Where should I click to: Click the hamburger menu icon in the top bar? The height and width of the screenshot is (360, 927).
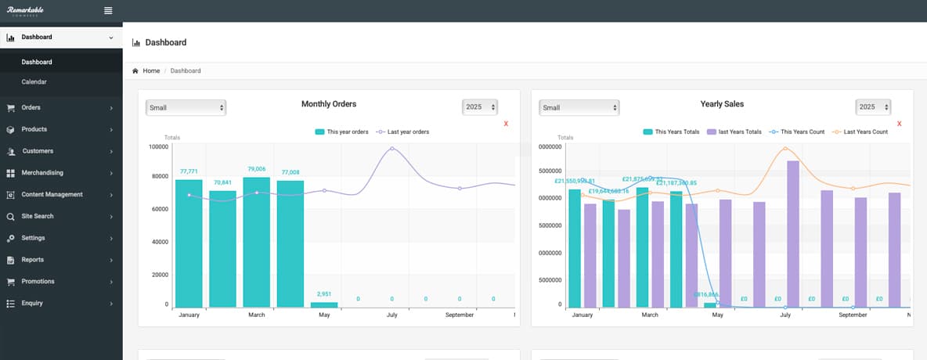[x=108, y=10]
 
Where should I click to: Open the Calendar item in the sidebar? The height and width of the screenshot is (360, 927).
[x=34, y=81]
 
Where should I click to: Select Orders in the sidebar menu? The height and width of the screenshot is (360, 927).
[x=31, y=107]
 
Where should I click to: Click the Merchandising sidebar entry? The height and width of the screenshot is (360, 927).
[x=42, y=172]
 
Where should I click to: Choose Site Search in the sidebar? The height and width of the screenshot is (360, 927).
[x=38, y=216]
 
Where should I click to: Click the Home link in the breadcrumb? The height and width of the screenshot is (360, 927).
[x=151, y=70]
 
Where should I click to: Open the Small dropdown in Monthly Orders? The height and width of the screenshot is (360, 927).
[x=186, y=107]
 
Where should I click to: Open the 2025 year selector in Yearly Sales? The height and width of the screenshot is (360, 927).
[x=873, y=107]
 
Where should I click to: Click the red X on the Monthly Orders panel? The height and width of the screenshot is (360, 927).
[x=506, y=124]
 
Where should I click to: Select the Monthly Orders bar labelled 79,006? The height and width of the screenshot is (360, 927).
[x=257, y=243]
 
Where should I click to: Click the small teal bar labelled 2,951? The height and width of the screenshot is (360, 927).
[x=324, y=304]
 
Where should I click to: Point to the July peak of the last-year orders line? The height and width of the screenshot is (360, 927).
[x=392, y=148]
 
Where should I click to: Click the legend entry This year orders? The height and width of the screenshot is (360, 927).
[x=341, y=131]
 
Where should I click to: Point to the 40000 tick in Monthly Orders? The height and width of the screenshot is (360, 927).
[x=158, y=242]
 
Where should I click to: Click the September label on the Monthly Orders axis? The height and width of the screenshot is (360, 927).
[x=460, y=315]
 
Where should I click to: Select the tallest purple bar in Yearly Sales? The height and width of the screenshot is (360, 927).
[x=793, y=234]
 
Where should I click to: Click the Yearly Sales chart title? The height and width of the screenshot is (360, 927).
[x=722, y=103]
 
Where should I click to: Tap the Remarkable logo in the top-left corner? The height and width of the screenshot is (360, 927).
[x=26, y=10]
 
